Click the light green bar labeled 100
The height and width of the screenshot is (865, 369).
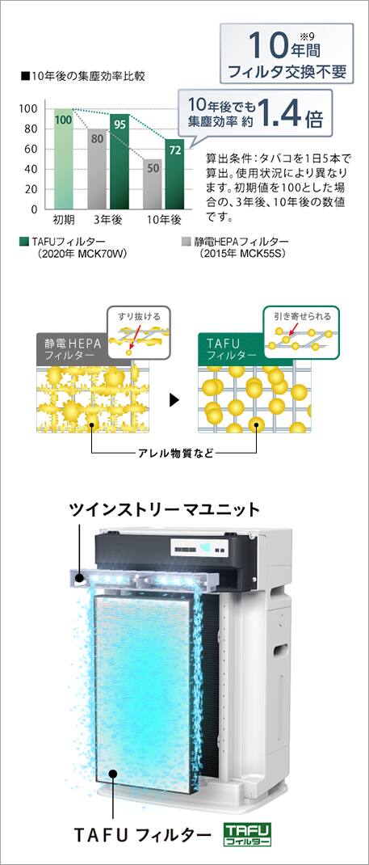coord(63,159)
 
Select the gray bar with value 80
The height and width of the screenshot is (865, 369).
coord(98,169)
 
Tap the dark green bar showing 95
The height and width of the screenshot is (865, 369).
coord(120,162)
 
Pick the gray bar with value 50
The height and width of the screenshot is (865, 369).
coord(153,184)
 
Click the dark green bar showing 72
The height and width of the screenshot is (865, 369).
coord(175,173)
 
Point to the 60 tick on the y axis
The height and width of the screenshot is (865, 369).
coord(31,149)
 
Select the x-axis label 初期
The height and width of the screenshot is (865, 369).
coord(63,220)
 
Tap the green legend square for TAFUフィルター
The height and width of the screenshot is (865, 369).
coord(23,242)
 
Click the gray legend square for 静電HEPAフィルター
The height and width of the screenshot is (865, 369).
coord(185,242)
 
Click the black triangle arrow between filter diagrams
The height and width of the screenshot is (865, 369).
coord(174,400)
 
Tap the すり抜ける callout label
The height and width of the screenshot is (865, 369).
coord(139,316)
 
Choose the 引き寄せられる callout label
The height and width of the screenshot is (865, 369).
coord(302,316)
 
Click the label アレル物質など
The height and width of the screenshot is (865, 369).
coord(174,454)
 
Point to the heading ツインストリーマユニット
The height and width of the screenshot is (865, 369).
coord(165,509)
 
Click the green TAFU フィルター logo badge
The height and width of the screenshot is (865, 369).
coord(247,835)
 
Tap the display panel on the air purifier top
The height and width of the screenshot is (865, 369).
coord(201,549)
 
